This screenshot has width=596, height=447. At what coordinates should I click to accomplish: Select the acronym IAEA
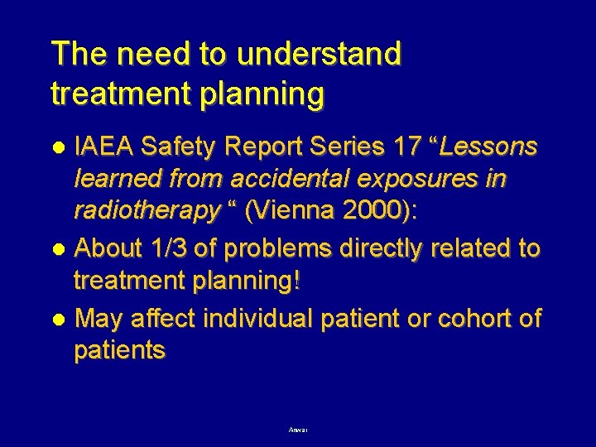pos(106,147)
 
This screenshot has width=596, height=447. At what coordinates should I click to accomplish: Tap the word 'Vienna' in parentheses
pos(293,214)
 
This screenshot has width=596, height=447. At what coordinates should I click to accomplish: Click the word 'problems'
pos(266,248)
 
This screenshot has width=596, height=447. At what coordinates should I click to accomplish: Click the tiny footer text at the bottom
pos(298,430)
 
